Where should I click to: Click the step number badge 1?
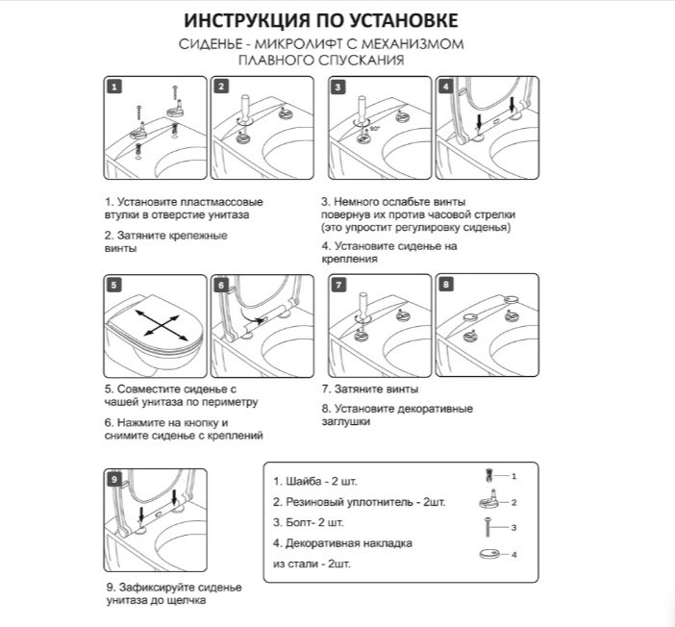(x=114, y=87)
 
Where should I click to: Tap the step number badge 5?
(x=114, y=285)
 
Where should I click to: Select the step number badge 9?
(x=114, y=479)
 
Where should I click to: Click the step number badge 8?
(x=446, y=285)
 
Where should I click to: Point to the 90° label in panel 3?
(x=375, y=128)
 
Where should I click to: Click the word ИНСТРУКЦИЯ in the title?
(x=247, y=20)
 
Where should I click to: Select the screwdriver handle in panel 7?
(x=362, y=303)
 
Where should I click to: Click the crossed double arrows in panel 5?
(x=162, y=322)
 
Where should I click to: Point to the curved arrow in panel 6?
(x=252, y=317)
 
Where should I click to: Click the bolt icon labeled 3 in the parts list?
(x=488, y=527)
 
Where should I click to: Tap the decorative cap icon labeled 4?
(x=489, y=553)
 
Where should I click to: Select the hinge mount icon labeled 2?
(x=489, y=499)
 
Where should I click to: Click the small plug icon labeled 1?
(x=488, y=475)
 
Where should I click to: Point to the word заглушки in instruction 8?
(x=346, y=421)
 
